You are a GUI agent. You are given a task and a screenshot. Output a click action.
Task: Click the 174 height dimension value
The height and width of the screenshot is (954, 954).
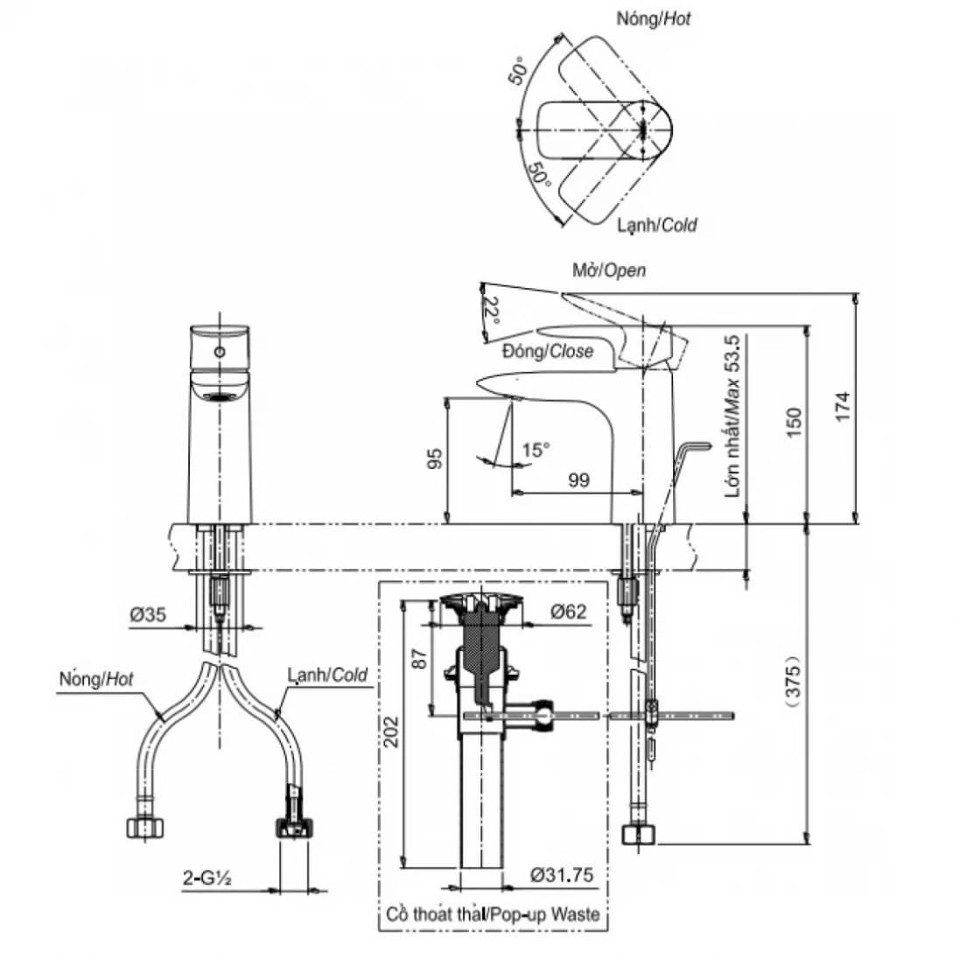click(841, 408)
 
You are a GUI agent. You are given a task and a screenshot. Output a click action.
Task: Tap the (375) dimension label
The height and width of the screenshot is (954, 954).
click(791, 677)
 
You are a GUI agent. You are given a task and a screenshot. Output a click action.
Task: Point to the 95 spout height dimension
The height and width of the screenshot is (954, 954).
click(434, 459)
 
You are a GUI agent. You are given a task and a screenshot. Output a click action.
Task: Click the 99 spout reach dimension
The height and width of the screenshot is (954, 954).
click(578, 480)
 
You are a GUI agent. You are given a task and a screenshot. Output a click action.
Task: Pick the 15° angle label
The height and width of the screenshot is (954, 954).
click(536, 450)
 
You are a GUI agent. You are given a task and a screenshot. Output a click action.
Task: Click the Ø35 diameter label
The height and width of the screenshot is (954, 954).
click(149, 615)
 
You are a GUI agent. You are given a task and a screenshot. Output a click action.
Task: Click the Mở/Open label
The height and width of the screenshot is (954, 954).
click(609, 270)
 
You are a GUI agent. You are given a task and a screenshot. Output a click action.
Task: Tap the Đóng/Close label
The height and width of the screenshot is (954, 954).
click(548, 351)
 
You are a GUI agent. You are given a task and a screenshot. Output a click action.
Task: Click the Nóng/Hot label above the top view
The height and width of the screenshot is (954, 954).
click(654, 18)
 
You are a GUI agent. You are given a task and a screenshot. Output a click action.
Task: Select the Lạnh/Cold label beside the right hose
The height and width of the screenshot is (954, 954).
click(326, 675)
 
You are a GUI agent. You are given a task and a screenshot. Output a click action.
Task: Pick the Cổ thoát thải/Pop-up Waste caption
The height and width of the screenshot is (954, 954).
click(493, 915)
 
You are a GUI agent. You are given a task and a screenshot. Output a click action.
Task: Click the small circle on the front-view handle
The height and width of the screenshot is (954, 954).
click(220, 352)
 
